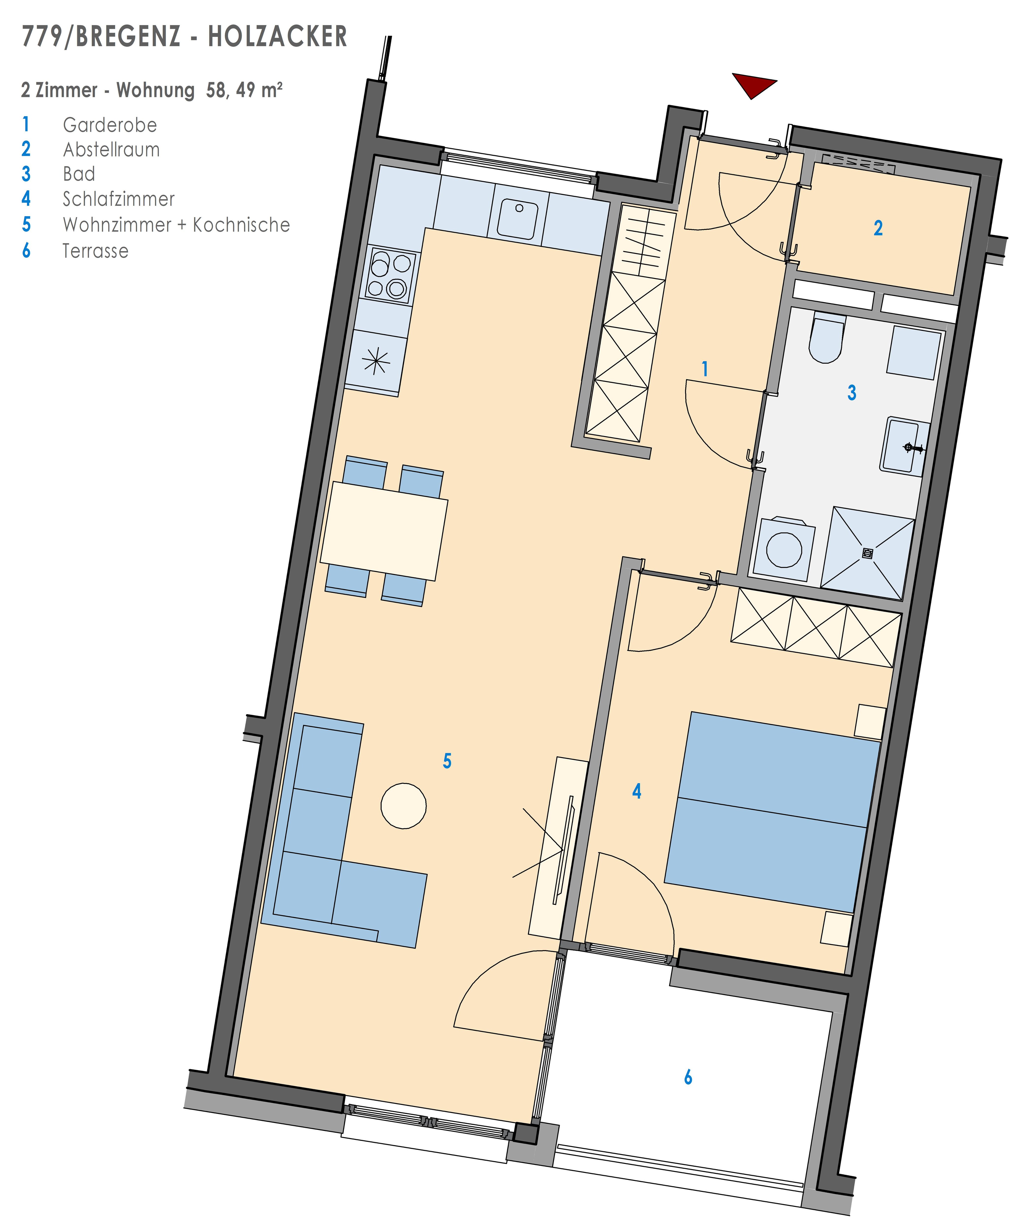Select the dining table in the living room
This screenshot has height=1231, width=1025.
click(x=384, y=531)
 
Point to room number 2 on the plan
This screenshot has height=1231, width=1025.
click(x=878, y=228)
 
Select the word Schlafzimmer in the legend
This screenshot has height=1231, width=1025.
click(x=119, y=199)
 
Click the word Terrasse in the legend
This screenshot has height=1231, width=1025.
click(x=95, y=251)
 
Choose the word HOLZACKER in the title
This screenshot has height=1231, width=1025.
click(x=278, y=36)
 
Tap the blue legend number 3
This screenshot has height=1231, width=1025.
click(x=26, y=174)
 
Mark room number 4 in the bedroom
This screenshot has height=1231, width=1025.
click(x=637, y=791)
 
